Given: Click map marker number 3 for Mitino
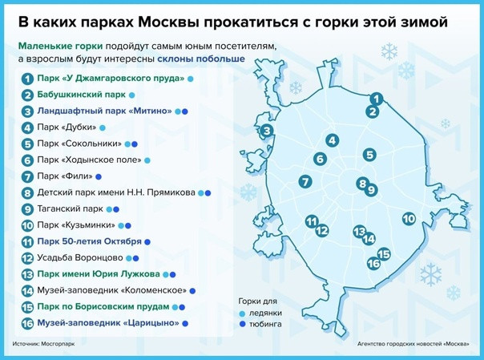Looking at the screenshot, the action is click(267, 131).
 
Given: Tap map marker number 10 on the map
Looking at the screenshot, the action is click(409, 219).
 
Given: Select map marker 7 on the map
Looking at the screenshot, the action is click(305, 181).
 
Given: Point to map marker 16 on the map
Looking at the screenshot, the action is click(373, 264).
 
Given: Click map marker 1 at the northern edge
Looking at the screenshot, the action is click(377, 99).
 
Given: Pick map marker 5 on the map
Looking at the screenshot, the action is click(369, 155).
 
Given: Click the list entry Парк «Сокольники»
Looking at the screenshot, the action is click(79, 144).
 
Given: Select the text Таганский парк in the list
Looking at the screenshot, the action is click(70, 208).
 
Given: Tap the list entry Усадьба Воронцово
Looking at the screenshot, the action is click(80, 257).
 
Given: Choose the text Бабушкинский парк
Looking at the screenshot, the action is click(81, 95).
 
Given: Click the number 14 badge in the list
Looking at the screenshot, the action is click(27, 291).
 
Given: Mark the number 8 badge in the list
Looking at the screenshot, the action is click(27, 193).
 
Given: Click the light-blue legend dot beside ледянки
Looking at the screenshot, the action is click(242, 314).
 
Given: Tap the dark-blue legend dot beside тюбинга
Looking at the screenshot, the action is click(242, 324).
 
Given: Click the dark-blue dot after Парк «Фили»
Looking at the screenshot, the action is click(99, 177).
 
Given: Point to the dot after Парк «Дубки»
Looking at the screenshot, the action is click(103, 127).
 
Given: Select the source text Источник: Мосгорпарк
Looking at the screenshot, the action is click(43, 344).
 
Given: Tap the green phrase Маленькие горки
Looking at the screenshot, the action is click(61, 47).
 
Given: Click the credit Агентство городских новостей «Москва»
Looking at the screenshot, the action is click(413, 344).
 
